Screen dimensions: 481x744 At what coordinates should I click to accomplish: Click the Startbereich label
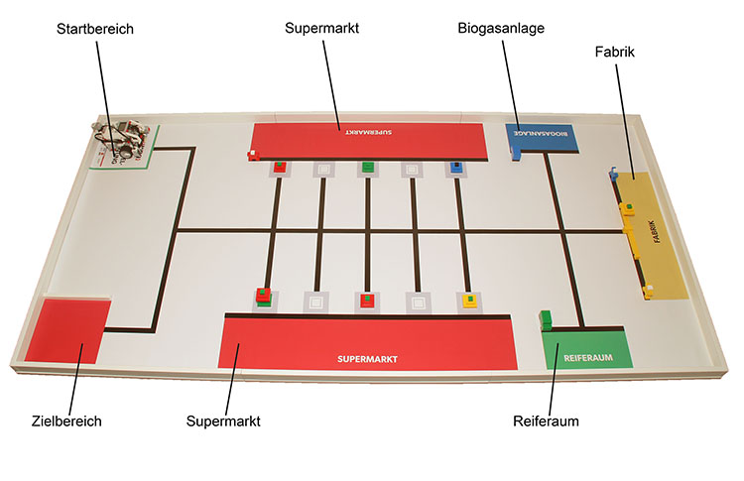[x=95, y=30]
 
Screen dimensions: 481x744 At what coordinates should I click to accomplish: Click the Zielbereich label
[x=66, y=421]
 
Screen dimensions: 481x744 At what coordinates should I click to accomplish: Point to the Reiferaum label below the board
[x=546, y=421]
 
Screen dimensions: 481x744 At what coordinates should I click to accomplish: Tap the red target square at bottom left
[x=67, y=329]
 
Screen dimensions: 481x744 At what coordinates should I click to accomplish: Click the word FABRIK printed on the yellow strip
[x=652, y=235]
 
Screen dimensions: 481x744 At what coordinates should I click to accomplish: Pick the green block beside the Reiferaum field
[x=545, y=319]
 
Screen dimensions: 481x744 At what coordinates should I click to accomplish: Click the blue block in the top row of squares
[x=455, y=168]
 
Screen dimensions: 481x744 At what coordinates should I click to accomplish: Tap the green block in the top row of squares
[x=367, y=167]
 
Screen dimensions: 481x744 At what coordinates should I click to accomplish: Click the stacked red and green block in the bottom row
[x=264, y=296]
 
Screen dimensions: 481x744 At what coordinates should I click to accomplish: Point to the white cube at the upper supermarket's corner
[x=253, y=154]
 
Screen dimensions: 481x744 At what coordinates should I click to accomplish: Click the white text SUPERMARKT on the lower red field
[x=367, y=358]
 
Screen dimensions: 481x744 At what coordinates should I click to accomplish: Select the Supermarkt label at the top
[x=321, y=28]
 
